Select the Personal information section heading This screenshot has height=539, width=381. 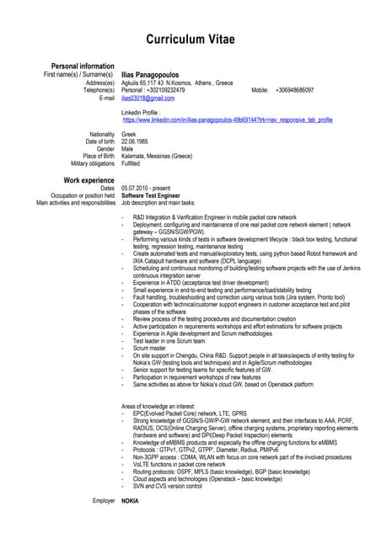pyautogui.click(x=83, y=66)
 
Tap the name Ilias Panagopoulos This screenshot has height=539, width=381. pyautogui.click(x=155, y=75)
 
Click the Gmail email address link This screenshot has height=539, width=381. pyautogui.click(x=148, y=99)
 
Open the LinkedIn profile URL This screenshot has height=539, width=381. pyautogui.click(x=228, y=120)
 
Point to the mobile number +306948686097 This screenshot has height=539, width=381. pyautogui.click(x=294, y=90)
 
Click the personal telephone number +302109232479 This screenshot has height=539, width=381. pyautogui.click(x=171, y=90)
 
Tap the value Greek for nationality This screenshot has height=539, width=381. pyautogui.click(x=130, y=134)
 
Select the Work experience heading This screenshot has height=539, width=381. pyautogui.click(x=89, y=180)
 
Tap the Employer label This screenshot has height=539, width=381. pyautogui.click(x=104, y=501)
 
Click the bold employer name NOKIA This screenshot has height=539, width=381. pyautogui.click(x=131, y=501)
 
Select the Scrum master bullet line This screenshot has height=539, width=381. pyautogui.click(x=150, y=347)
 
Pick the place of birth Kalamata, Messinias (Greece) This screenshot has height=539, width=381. pyautogui.click(x=157, y=156)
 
